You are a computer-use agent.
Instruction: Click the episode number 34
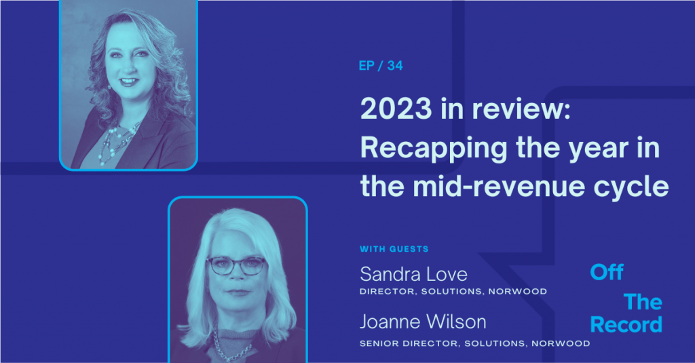tap(395, 66)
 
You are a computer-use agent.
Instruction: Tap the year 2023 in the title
tap(396, 109)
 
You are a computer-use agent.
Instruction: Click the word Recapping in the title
tap(434, 149)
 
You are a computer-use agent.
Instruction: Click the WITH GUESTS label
tap(394, 249)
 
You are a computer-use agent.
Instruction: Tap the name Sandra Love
tap(413, 274)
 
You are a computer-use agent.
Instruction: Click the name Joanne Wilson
tap(423, 322)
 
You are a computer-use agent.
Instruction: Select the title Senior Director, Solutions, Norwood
tap(474, 343)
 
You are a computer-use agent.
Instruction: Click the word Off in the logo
tap(607, 272)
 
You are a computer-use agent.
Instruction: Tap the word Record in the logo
tap(626, 325)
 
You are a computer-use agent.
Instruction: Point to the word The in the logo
tap(643, 303)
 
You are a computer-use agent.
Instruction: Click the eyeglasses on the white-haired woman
tap(237, 265)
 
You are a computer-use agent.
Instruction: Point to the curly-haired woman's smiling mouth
tap(129, 81)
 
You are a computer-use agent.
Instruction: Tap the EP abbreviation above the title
tap(367, 66)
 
